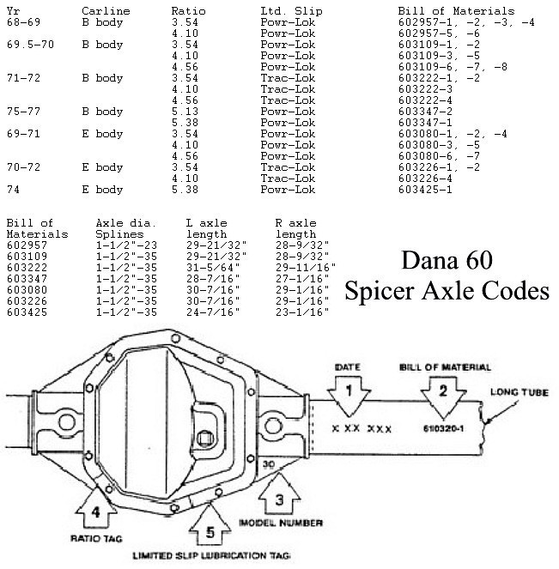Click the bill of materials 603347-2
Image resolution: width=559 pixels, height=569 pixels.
click(x=425, y=112)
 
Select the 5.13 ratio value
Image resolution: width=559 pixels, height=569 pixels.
click(x=185, y=112)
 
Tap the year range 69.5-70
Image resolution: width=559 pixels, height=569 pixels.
click(x=31, y=45)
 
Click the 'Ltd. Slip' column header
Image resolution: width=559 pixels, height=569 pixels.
click(x=291, y=11)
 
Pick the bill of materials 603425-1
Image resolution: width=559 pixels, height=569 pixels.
click(x=425, y=190)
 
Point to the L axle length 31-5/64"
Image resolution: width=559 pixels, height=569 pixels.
click(x=213, y=268)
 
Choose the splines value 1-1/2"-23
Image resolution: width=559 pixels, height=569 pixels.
click(x=126, y=245)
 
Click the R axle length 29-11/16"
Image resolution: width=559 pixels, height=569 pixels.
click(x=306, y=268)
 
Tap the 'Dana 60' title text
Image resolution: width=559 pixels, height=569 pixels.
click(x=447, y=260)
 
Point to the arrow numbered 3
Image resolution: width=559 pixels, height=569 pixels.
click(x=280, y=493)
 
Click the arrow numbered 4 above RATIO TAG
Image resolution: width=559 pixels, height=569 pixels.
click(x=96, y=506)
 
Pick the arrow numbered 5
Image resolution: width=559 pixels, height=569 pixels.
click(x=210, y=524)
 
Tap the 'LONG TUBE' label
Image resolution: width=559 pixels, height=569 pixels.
click(x=520, y=392)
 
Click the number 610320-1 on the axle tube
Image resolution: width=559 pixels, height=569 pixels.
click(x=443, y=429)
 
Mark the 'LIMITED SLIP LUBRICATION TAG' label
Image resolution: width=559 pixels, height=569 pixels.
click(x=211, y=555)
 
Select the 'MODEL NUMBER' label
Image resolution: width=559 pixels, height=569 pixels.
click(x=281, y=523)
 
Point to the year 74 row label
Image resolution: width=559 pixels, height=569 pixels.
click(x=13, y=190)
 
